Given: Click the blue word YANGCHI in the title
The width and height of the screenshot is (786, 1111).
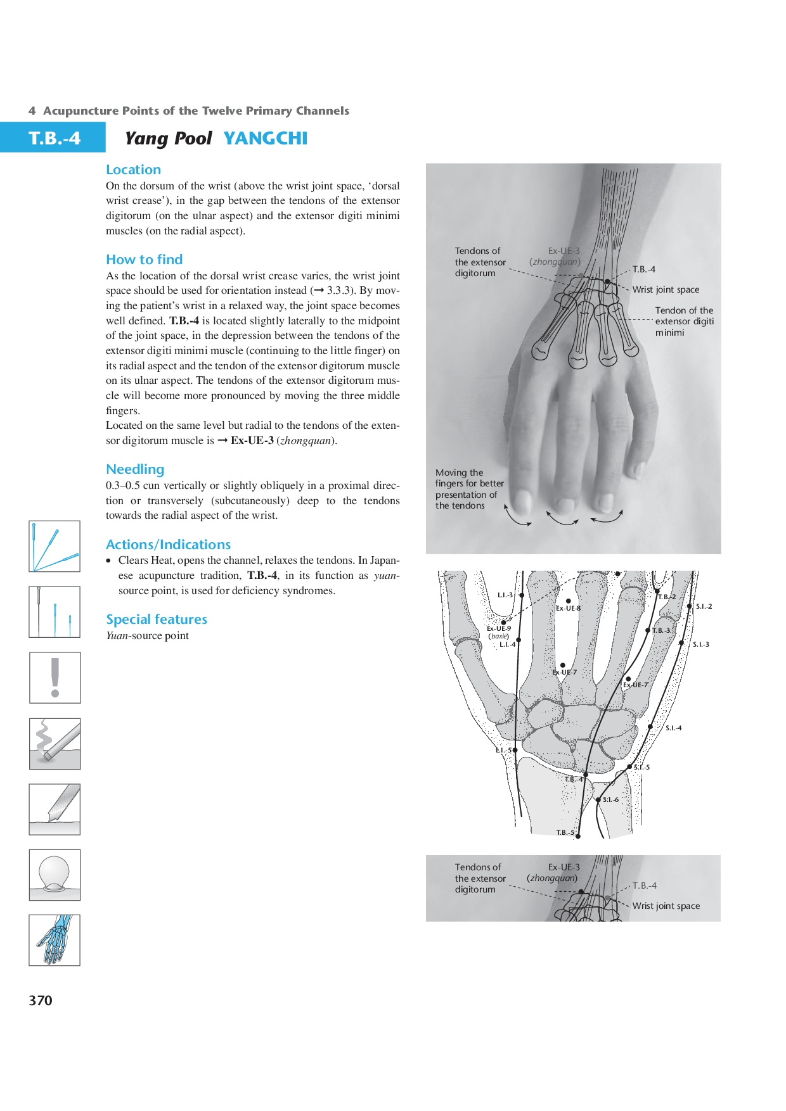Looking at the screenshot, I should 265,138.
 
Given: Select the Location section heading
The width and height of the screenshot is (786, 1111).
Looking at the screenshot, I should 133,170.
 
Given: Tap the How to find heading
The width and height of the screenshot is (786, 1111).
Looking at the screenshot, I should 144,260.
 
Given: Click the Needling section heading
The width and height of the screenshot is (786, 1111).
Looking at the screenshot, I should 135,469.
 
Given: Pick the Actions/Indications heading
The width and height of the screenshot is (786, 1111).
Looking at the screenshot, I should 168,545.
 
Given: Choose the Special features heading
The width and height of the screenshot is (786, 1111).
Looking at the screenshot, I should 157,619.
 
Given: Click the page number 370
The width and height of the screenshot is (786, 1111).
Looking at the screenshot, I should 41,1000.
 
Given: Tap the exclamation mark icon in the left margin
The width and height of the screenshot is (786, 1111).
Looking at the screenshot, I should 55,678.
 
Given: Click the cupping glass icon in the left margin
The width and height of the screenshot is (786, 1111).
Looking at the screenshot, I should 55,875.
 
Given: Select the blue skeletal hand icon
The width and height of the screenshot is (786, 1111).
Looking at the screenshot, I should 55,940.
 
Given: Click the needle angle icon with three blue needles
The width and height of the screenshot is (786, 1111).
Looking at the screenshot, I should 55,546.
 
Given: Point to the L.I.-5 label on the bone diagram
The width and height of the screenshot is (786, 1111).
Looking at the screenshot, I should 503,751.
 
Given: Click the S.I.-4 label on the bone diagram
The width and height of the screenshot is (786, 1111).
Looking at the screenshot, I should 673,728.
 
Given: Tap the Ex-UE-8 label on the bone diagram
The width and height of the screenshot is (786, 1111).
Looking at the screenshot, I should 568,609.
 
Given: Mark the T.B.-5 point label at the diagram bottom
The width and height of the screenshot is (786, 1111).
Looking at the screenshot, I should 565,832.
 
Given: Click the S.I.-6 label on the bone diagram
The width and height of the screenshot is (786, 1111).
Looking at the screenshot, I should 610,799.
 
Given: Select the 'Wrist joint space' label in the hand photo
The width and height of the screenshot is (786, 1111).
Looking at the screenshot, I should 666,289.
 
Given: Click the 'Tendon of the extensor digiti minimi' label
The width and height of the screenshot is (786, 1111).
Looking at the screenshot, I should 684,321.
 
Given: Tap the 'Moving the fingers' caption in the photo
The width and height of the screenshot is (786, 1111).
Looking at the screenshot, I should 469,489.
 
